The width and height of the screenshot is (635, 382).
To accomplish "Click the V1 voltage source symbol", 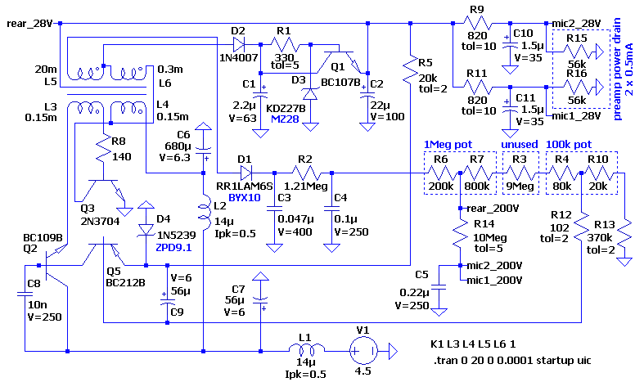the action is [x=363, y=351].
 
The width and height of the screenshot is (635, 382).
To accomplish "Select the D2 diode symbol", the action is [x=238, y=44].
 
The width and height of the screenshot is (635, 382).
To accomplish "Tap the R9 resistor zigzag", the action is [x=478, y=24].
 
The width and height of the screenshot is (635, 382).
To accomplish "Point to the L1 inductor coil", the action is [x=306, y=348].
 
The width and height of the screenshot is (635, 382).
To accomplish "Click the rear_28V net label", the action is [x=29, y=24].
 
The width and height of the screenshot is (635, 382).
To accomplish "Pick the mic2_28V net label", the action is [x=576, y=24].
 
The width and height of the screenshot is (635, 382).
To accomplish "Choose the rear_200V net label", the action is [x=493, y=209].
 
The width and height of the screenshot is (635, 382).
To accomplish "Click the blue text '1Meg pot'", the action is [x=448, y=145].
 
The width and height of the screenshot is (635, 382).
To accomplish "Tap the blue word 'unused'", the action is [x=520, y=145].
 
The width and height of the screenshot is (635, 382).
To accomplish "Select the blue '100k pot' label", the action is [x=569, y=145].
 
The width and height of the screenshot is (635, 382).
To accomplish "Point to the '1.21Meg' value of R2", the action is [x=306, y=187].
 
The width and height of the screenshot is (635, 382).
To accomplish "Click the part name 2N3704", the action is [x=100, y=221].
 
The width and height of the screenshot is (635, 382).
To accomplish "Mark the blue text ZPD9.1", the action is [x=173, y=247].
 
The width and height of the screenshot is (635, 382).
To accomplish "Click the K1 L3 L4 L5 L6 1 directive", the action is [x=473, y=344].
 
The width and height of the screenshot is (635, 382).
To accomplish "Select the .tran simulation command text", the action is [x=512, y=360].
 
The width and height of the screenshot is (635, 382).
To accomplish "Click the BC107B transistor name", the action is [x=340, y=83].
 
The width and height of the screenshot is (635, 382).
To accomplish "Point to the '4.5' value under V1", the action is [x=363, y=371].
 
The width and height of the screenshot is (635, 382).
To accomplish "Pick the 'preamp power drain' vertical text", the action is [x=617, y=69].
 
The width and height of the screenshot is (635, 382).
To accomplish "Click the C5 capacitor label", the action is [x=421, y=275].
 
